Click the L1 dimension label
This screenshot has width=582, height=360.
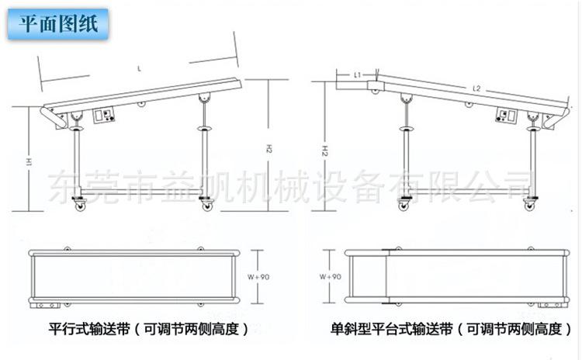pyautogui.click(x=358, y=75)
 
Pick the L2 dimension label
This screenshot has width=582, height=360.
pyautogui.click(x=476, y=91)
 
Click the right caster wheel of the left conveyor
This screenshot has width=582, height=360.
pyautogui.click(x=206, y=205)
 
